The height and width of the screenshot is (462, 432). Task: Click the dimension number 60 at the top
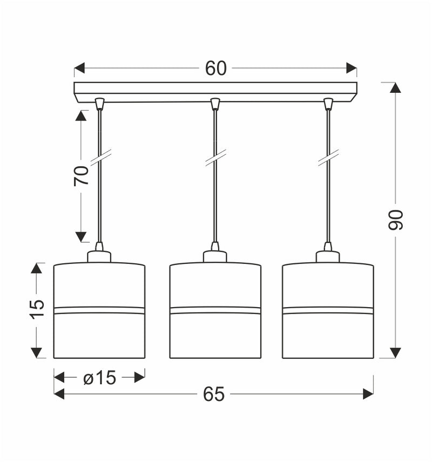[215, 69]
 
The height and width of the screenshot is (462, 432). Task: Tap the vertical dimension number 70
[81, 176]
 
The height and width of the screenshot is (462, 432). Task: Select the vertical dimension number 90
[396, 220]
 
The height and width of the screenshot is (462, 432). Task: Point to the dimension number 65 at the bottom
[214, 395]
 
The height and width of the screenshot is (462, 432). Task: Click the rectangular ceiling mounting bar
[215, 91]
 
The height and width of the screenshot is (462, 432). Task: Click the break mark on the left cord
[100, 157]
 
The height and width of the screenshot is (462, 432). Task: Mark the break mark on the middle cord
[215, 157]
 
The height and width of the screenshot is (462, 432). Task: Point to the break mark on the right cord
[328, 157]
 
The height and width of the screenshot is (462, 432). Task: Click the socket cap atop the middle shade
[215, 256]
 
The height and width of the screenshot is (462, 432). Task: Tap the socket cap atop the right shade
[328, 256]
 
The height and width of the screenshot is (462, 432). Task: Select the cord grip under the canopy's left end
[99, 104]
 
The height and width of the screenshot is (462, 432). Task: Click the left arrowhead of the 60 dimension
[79, 69]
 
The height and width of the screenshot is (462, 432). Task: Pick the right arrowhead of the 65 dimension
[368, 395]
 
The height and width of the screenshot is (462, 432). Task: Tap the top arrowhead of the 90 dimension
[396, 88]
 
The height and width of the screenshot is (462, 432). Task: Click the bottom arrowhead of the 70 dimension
[81, 236]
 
